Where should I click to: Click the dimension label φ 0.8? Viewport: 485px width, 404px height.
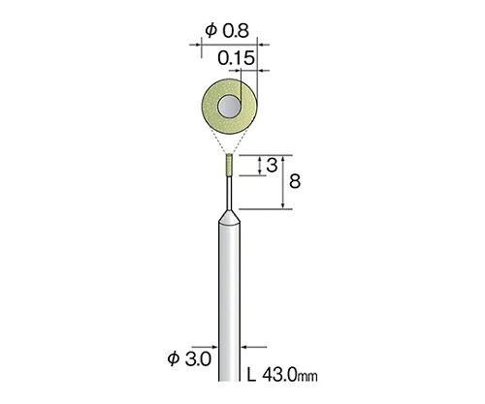pos(227,31)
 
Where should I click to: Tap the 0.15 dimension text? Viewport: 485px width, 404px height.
pos(237,58)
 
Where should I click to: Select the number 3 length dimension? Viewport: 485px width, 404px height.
pos(272,166)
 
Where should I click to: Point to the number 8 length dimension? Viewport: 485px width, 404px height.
pos(295,181)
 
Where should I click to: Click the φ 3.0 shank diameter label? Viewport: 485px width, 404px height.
pos(189,358)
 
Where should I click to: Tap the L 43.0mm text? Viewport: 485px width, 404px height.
pos(282,376)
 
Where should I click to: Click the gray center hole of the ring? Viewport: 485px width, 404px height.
pos(230,107)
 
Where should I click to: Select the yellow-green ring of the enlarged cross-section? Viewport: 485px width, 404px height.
pos(210,107)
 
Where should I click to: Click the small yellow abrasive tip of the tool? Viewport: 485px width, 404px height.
pos(229,165)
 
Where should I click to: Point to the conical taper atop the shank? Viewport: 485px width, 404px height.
pos(229,217)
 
